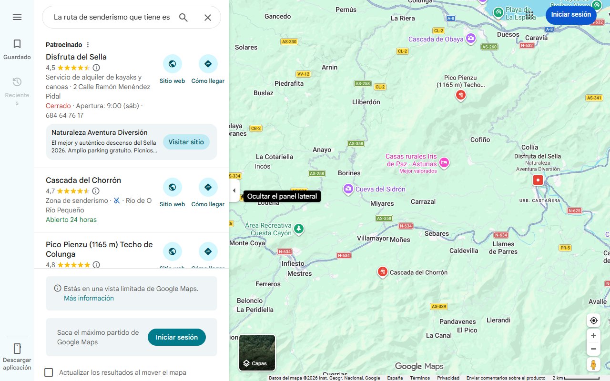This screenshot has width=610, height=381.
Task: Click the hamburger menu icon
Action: pos(17,17)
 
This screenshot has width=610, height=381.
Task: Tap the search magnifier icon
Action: pos(183,18)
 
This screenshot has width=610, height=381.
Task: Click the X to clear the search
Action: pos(208,18)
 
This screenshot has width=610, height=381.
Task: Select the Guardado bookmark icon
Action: pos(17,44)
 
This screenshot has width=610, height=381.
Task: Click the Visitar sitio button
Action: pos(186,142)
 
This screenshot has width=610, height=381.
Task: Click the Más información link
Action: pos(89,298)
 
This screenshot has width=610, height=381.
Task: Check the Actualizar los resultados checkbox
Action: pos(49,372)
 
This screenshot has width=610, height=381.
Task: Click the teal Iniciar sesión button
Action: pos(176,337)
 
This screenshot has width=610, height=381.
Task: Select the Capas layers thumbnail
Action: pos(257,353)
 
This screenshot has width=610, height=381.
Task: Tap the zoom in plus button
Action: pos(593,336)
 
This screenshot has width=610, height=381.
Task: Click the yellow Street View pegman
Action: pos(593,365)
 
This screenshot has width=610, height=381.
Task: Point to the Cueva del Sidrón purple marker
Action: pos(348,189)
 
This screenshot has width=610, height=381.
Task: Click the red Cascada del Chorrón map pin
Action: pos(382,272)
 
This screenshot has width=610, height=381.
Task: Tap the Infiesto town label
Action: pos(293,263)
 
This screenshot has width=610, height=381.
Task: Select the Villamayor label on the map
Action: pos(373,238)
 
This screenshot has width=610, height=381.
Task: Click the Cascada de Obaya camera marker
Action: pos(471,39)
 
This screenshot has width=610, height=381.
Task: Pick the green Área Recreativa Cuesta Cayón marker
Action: pos(298,229)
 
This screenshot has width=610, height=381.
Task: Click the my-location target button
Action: pos(593,321)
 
